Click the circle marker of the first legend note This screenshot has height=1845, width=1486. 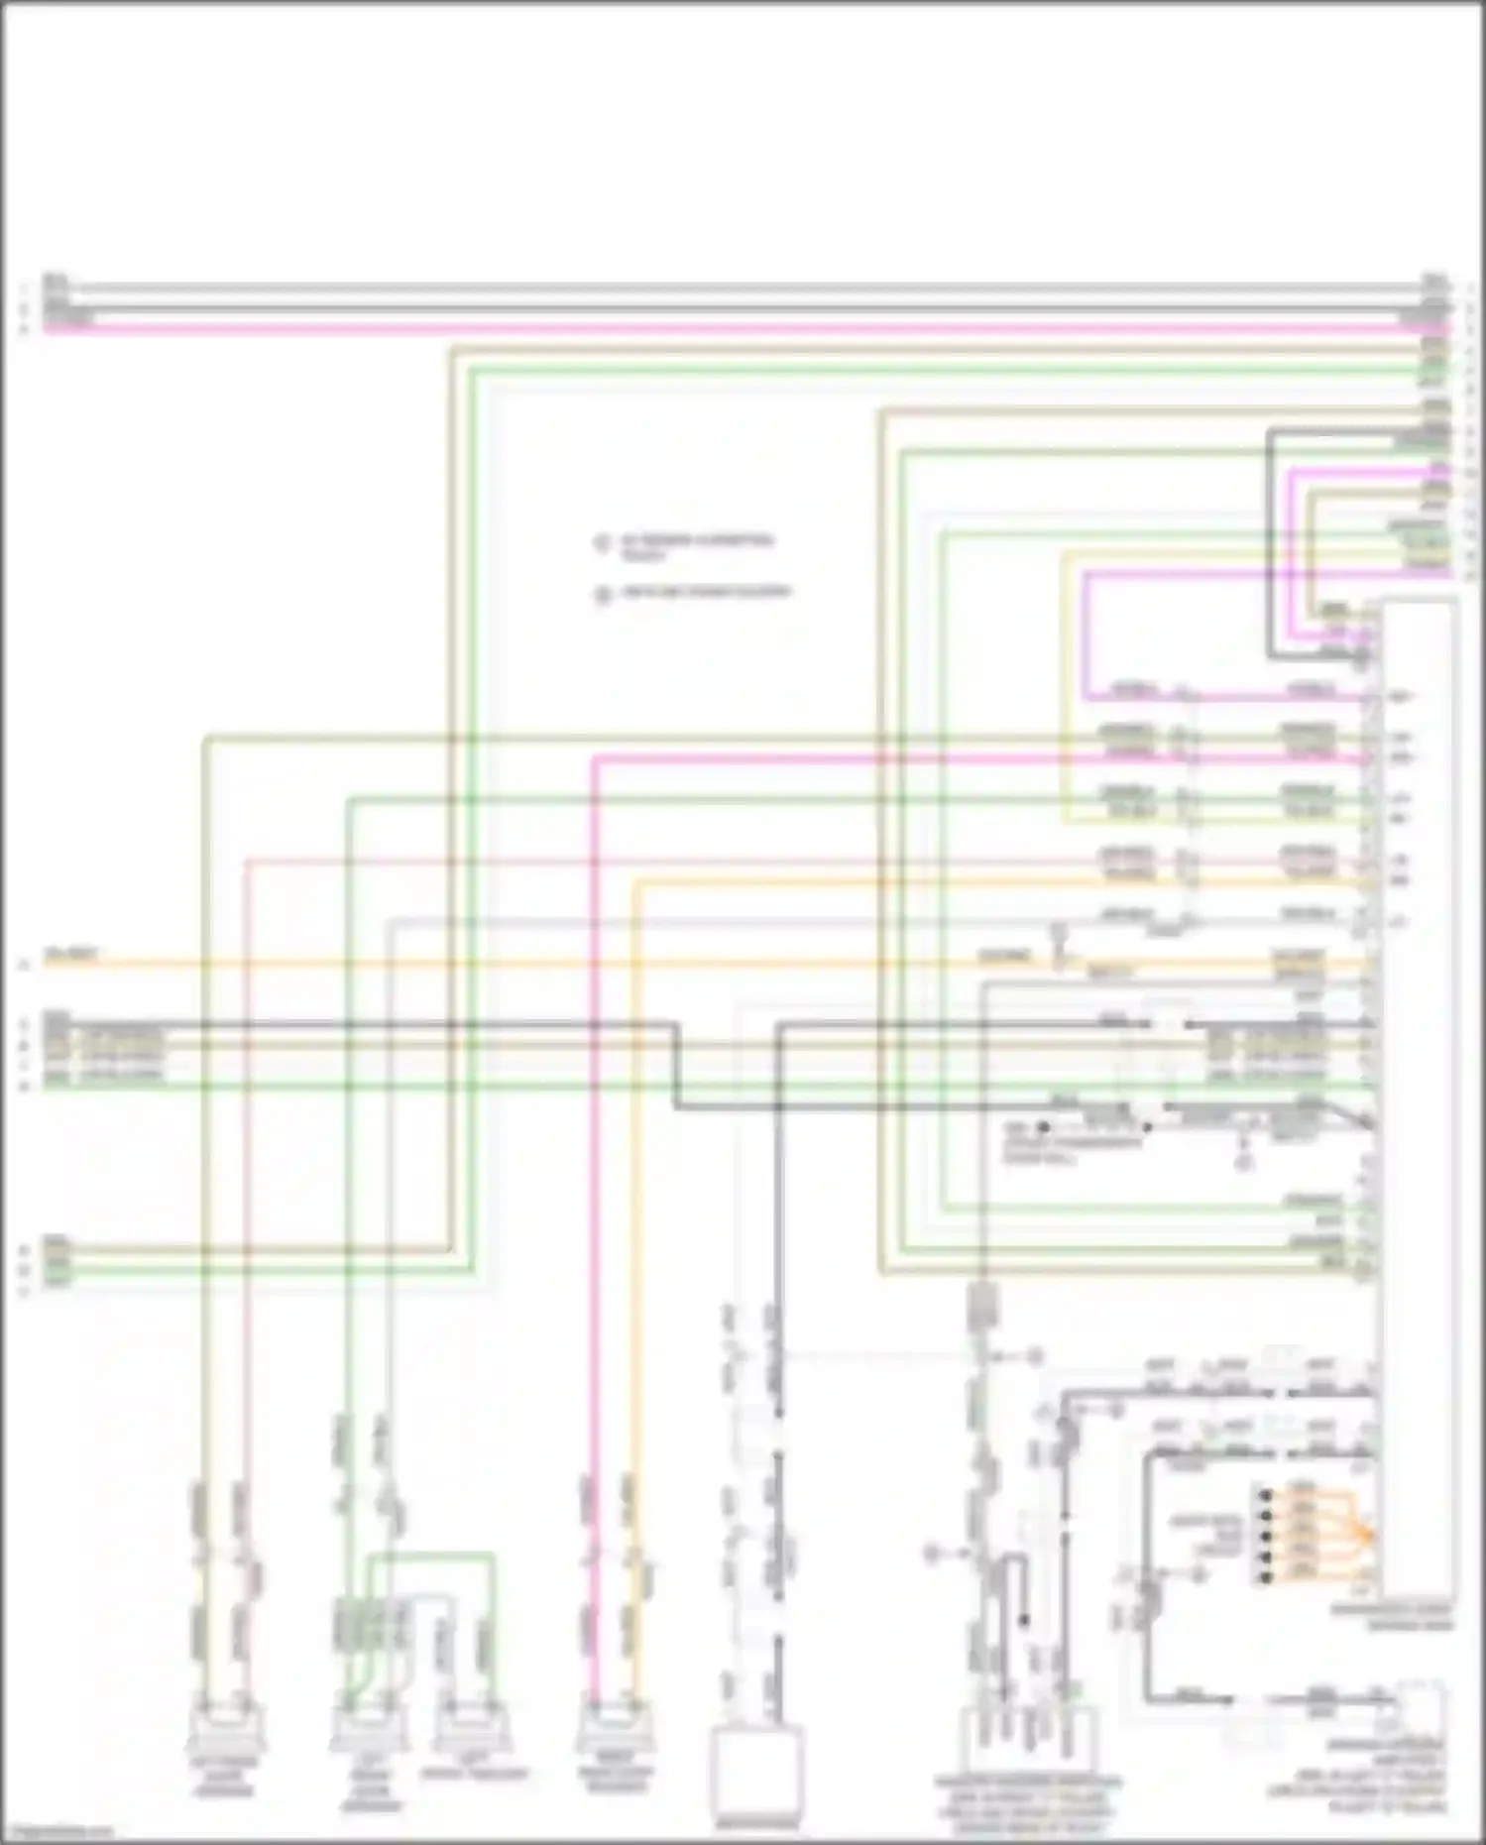601,544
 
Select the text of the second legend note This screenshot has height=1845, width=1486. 705,593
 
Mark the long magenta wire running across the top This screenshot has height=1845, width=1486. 743,328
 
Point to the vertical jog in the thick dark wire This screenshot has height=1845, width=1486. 677,1066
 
